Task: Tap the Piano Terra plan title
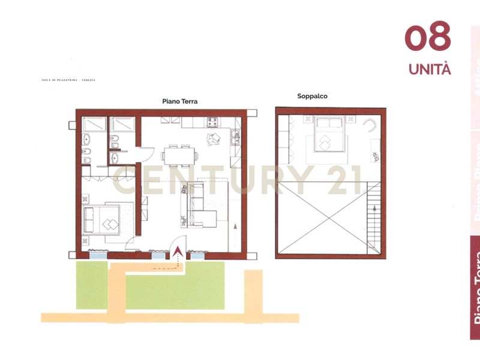tap(179, 101)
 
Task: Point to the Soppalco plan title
tap(312, 96)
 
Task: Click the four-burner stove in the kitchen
tap(213, 122)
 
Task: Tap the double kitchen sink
tap(236, 139)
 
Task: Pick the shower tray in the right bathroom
tap(124, 124)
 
